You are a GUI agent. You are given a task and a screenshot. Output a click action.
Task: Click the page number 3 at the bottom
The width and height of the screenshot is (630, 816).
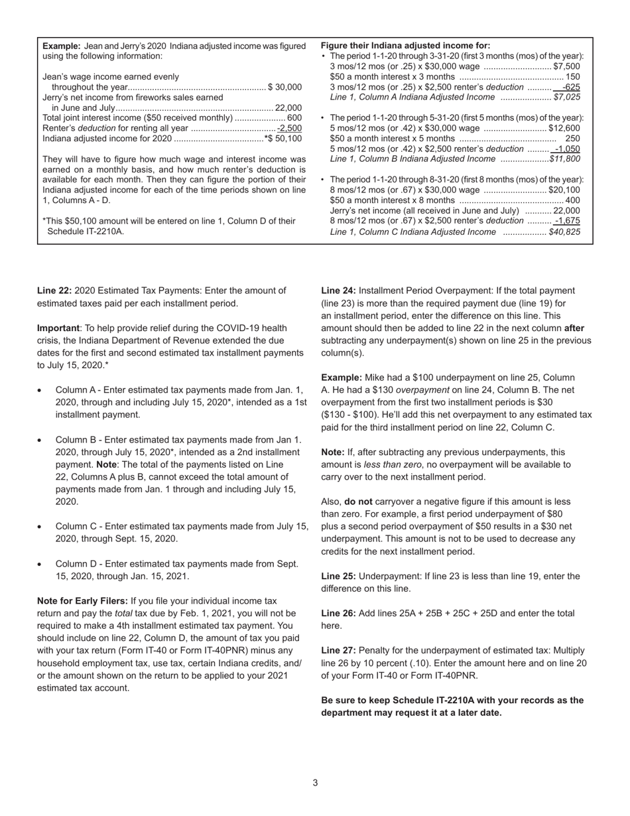pyautogui.click(x=315, y=783)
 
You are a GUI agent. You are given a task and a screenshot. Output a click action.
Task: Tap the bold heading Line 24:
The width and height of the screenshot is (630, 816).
pyautogui.click(x=338, y=291)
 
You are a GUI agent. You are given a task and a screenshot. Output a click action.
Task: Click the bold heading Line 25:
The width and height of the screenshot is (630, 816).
pyautogui.click(x=338, y=576)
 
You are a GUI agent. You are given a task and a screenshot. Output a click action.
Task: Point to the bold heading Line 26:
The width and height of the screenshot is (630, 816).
pyautogui.click(x=338, y=614)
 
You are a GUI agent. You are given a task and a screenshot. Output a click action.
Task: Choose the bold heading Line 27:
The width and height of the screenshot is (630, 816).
pyautogui.click(x=338, y=651)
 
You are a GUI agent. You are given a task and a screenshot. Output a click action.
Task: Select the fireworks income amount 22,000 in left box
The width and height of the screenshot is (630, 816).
pyautogui.click(x=288, y=108)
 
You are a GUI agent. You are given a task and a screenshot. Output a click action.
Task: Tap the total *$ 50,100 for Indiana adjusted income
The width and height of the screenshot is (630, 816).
pyautogui.click(x=283, y=139)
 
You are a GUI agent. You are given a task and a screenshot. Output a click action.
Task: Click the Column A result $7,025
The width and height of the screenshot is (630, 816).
pyautogui.click(x=566, y=97)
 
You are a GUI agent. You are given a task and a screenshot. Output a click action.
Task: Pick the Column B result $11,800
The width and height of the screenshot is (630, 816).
pyautogui.click(x=565, y=159)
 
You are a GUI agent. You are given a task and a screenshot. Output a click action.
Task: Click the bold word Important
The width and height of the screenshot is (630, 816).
pyautogui.click(x=58, y=328)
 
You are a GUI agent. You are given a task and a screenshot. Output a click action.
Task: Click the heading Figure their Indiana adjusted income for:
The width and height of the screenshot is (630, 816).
pyautogui.click(x=405, y=46)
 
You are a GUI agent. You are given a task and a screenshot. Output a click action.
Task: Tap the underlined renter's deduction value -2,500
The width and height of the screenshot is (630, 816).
pyautogui.click(x=290, y=128)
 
